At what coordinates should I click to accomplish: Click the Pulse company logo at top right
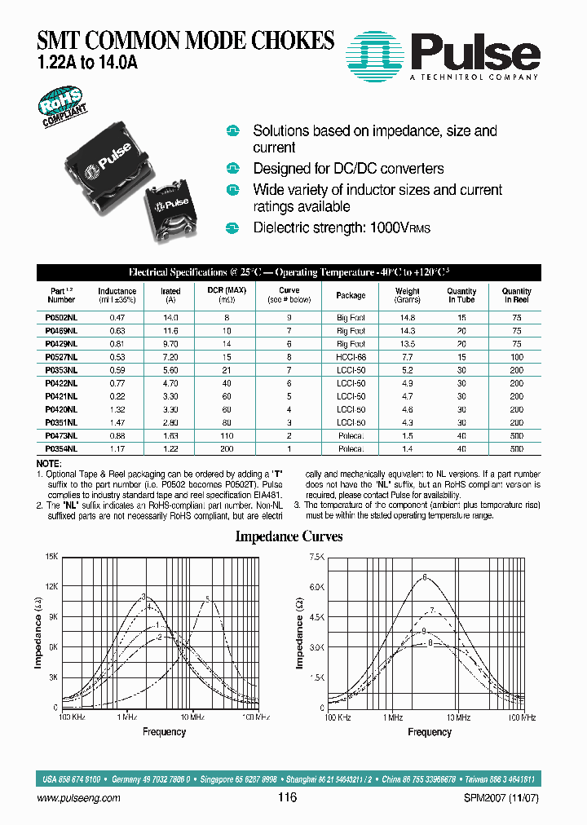pyautogui.click(x=444, y=52)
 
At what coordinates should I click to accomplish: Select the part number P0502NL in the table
pyautogui.click(x=62, y=318)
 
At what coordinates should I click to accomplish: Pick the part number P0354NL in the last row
pyautogui.click(x=62, y=448)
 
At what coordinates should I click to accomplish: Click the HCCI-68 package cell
pyautogui.click(x=351, y=357)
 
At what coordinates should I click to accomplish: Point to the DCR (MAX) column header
pyautogui.click(x=226, y=294)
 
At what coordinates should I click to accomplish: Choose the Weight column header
pyautogui.click(x=408, y=294)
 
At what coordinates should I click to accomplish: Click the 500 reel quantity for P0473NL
pyautogui.click(x=517, y=436)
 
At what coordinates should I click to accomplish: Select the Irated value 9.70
pyautogui.click(x=170, y=344)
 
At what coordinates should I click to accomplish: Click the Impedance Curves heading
pyautogui.click(x=289, y=536)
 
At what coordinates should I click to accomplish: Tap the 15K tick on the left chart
pyautogui.click(x=51, y=556)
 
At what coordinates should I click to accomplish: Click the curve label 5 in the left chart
pyautogui.click(x=207, y=600)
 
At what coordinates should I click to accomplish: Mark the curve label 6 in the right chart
pyautogui.click(x=425, y=577)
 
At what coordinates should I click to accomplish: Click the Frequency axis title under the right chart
pyautogui.click(x=429, y=732)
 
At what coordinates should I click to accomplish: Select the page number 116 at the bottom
pyautogui.click(x=287, y=798)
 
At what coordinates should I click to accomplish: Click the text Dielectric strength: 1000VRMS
pyautogui.click(x=341, y=227)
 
